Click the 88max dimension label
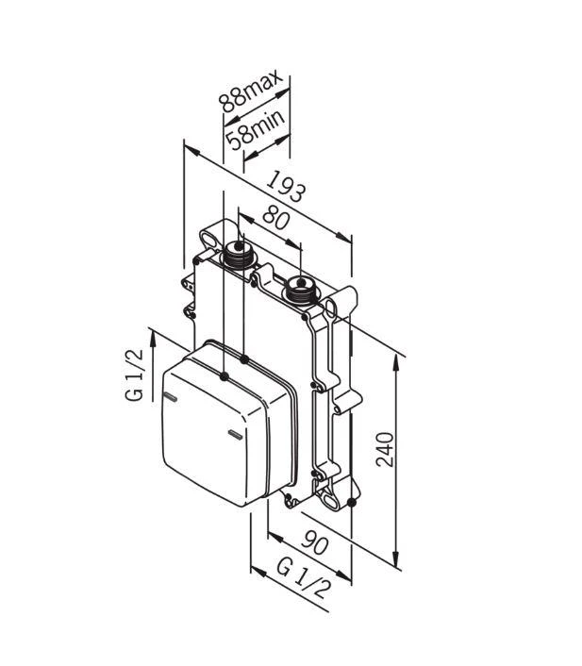243,88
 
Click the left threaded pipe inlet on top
238,252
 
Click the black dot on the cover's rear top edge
244,359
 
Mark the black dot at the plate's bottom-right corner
351,503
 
